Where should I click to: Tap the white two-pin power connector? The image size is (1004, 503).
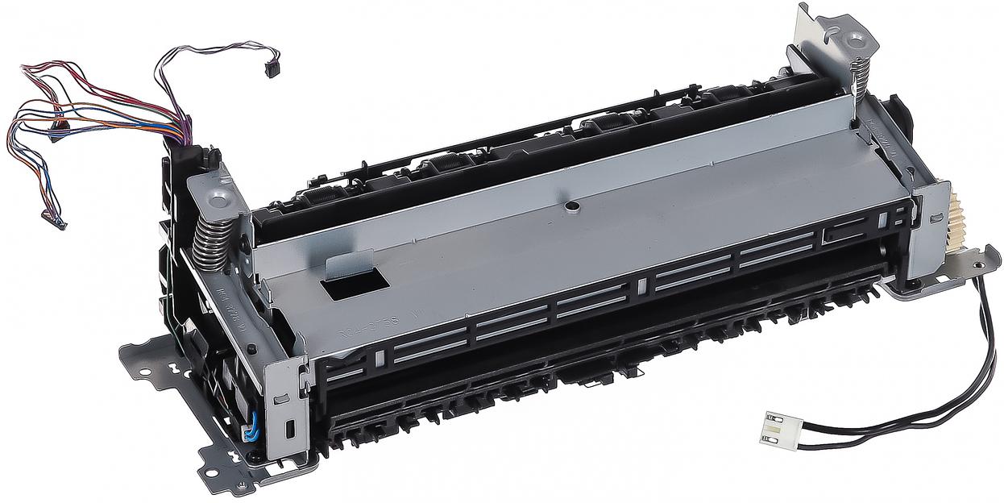point(775,426)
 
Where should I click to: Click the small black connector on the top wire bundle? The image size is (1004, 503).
point(272,67)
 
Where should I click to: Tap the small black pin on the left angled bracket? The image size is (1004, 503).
point(252,348)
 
